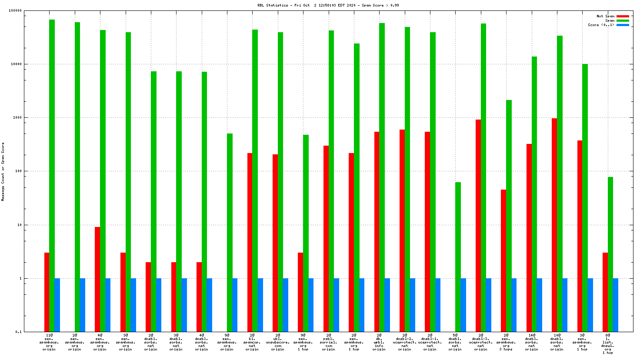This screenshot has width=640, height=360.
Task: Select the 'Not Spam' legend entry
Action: [605, 16]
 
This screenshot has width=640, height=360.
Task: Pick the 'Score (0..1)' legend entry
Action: [601, 25]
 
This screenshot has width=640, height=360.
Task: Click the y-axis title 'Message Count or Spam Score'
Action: [3, 171]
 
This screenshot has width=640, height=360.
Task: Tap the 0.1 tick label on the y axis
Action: [19, 332]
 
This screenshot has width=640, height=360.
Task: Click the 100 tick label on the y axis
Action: [18, 171]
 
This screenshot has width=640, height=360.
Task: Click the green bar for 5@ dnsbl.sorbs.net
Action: [458, 257]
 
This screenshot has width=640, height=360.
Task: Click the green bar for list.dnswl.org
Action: [610, 254]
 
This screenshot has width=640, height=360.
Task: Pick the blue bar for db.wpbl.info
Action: [387, 305]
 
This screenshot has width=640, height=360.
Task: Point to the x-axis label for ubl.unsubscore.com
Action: [277, 342]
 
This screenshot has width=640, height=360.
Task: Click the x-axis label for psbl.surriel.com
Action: [328, 342]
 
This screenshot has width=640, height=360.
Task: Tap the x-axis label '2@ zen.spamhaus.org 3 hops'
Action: [506, 342]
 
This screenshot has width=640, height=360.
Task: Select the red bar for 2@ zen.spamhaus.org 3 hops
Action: [503, 260]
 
